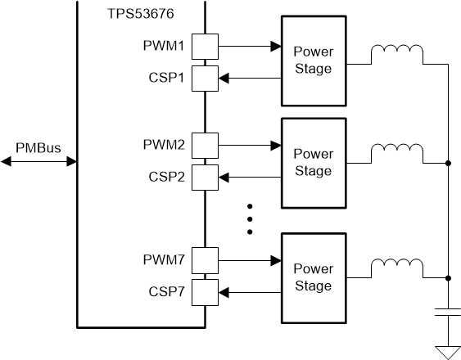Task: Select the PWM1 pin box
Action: tap(204, 46)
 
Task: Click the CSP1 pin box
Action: tap(204, 78)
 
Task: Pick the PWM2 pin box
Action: tap(204, 146)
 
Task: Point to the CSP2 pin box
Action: tap(204, 176)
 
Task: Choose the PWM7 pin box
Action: tap(204, 260)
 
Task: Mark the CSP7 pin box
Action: tap(204, 290)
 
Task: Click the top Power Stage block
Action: tap(312, 61)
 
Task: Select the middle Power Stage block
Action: tap(312, 162)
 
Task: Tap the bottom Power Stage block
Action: tap(312, 277)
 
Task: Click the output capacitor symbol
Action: tap(448, 313)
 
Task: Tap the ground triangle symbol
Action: tap(448, 351)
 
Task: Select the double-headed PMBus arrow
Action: tap(38, 162)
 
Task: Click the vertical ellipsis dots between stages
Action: tap(251, 218)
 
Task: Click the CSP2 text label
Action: tap(166, 177)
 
